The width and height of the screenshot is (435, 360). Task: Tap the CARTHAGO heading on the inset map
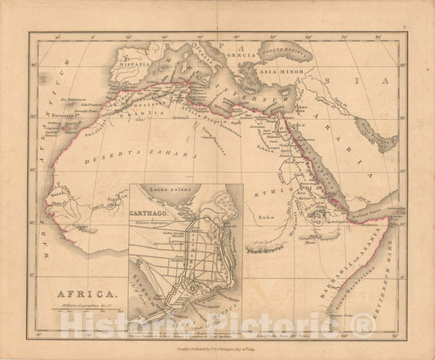point(151,202)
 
